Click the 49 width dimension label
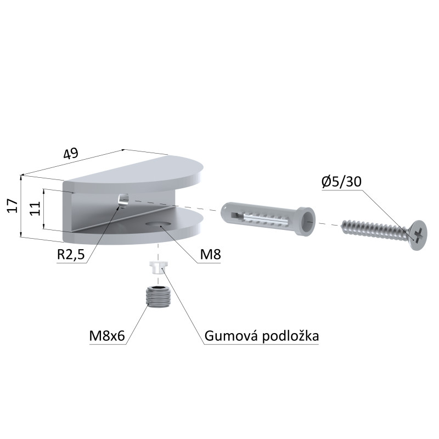[x=71, y=153]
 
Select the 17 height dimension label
[x=13, y=206]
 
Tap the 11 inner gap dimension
[x=36, y=209]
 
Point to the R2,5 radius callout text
[x=71, y=255]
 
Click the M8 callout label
[x=210, y=255]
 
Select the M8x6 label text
[x=107, y=336]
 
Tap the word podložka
[x=291, y=336]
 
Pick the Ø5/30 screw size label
[x=341, y=182]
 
